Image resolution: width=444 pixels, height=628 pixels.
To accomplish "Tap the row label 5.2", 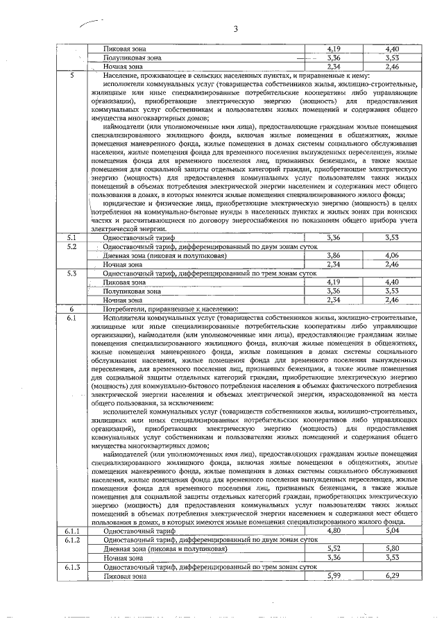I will click(71, 246).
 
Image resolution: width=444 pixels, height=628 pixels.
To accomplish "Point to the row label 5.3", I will click(71, 273).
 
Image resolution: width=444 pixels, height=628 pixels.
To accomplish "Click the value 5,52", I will click(335, 548).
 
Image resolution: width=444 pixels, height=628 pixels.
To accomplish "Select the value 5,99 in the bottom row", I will click(335, 575).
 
